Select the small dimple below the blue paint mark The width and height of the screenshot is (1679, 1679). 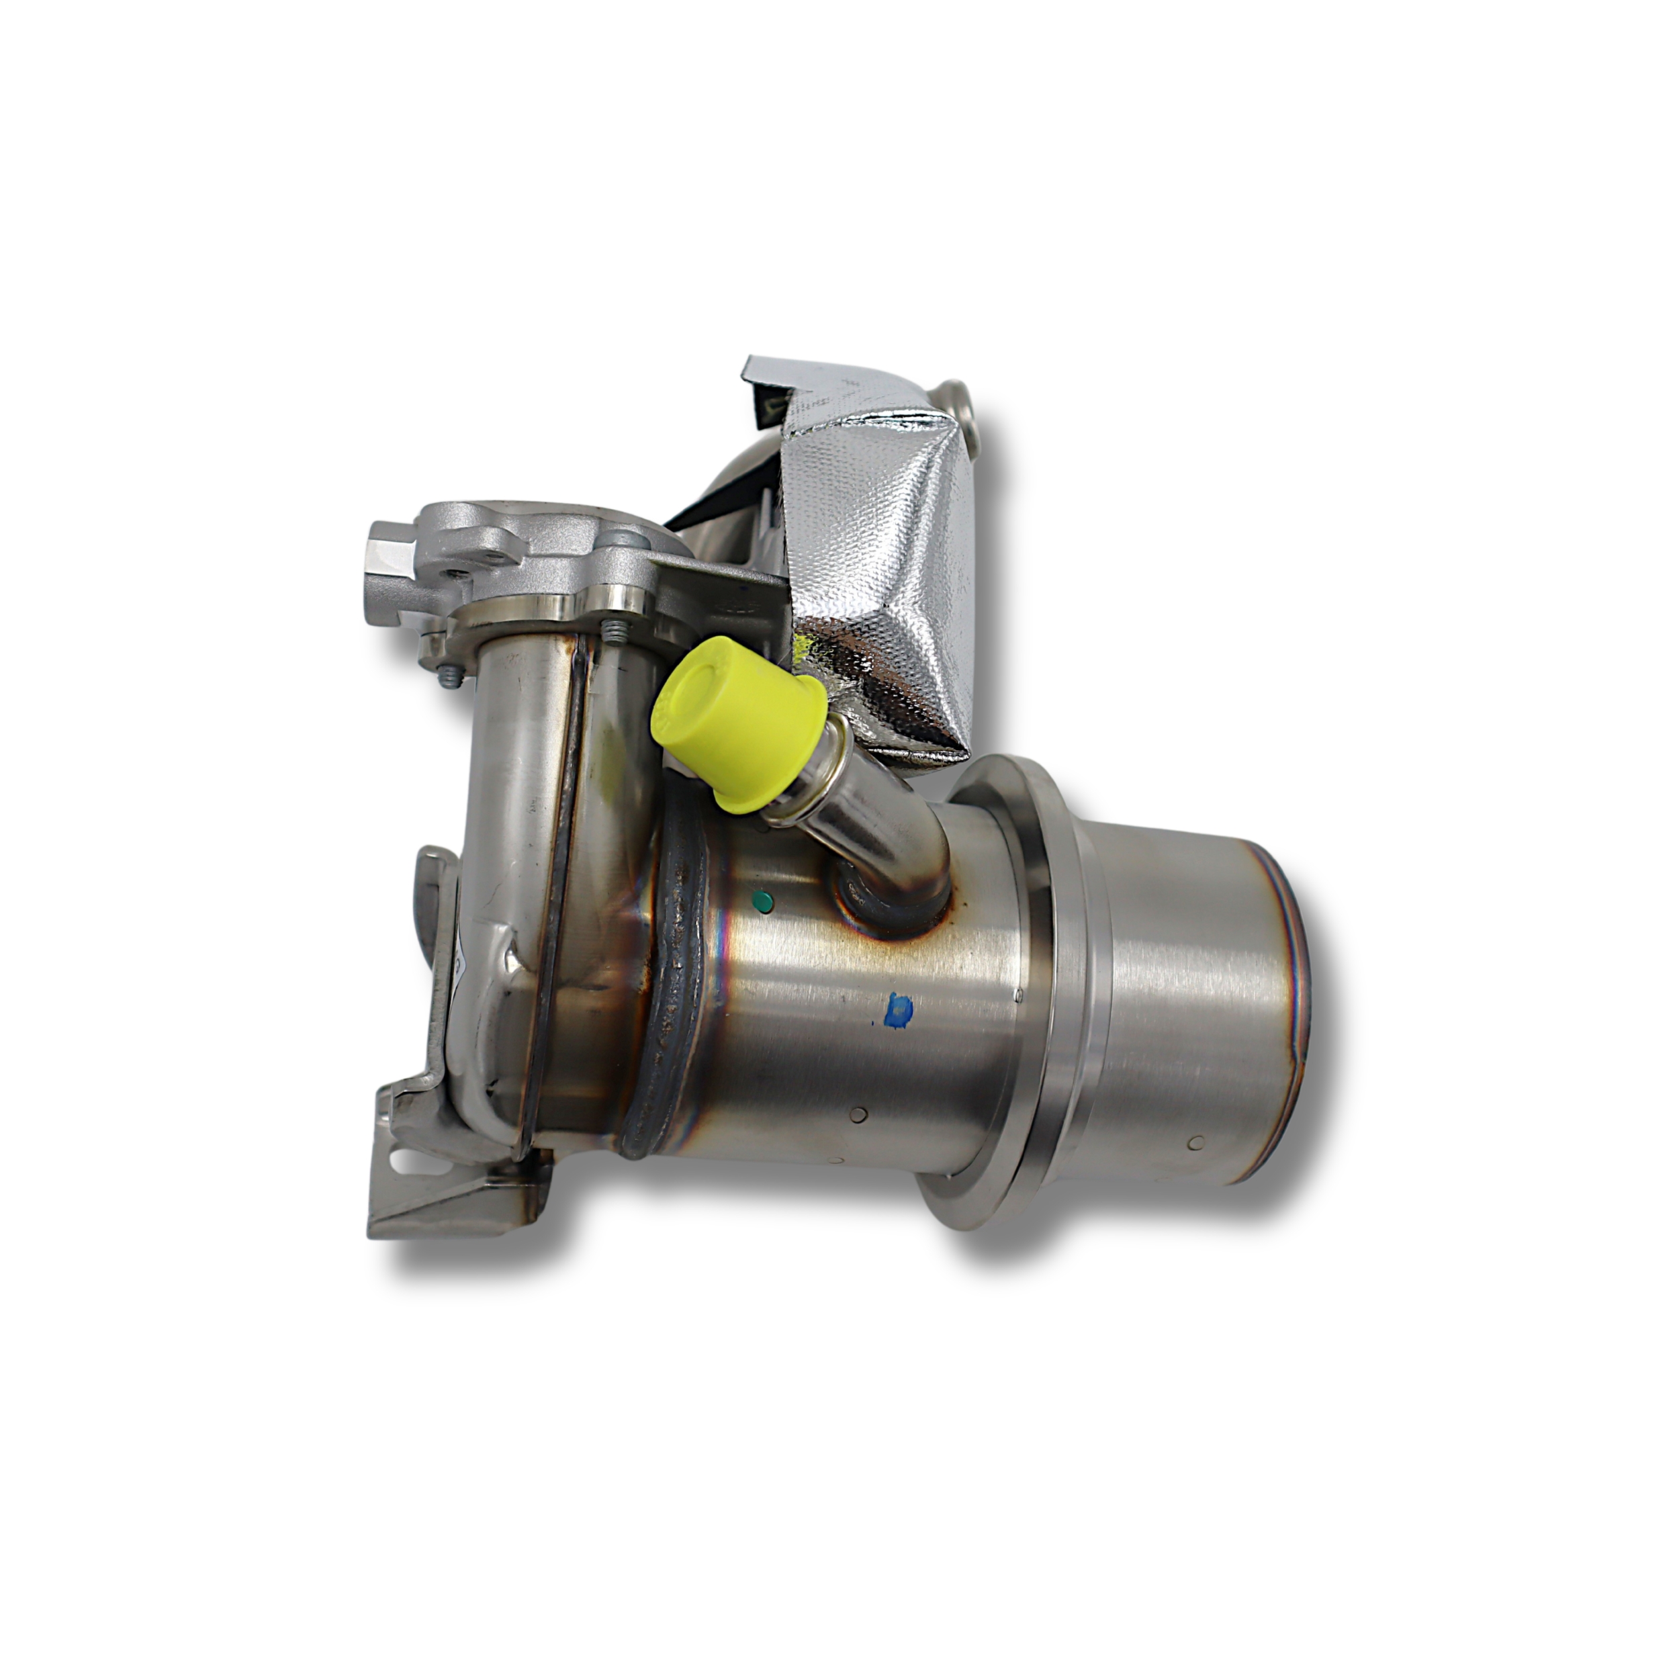pyautogui.click(x=860, y=1115)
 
